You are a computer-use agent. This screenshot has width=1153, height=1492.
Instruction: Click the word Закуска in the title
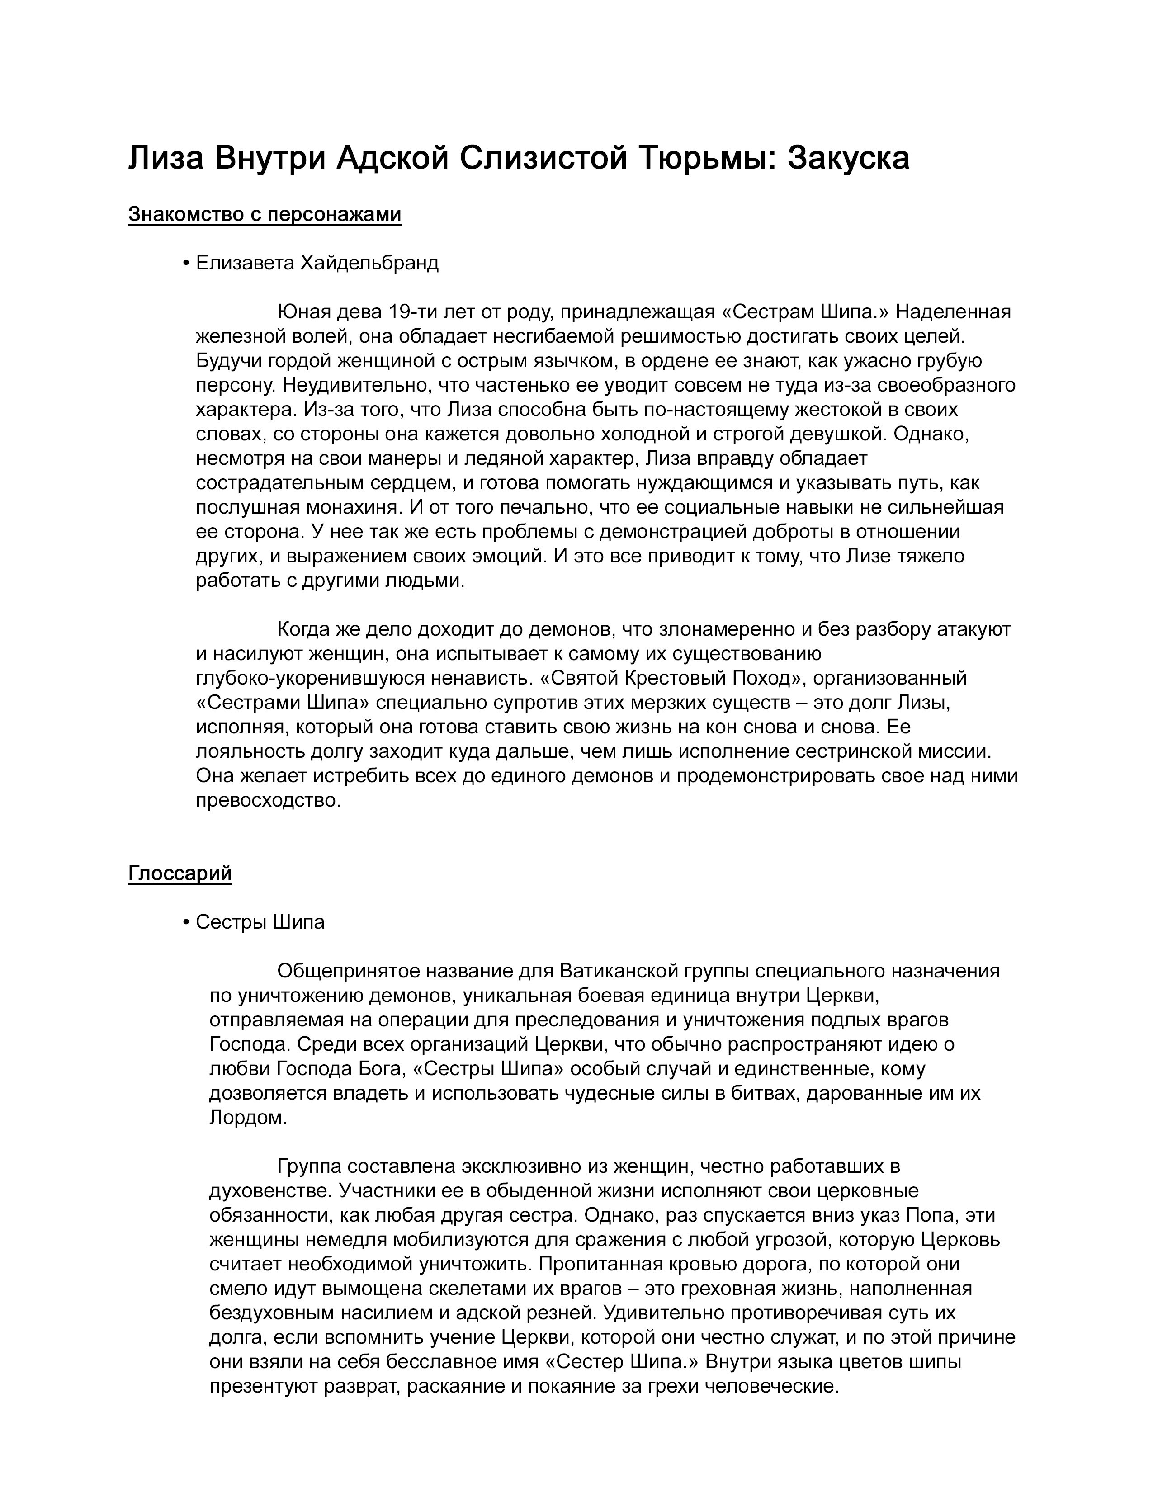click(848, 159)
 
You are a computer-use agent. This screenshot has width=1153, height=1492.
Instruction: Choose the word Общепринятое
click(348, 971)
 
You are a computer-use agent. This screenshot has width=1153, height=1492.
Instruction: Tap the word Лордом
click(248, 1118)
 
